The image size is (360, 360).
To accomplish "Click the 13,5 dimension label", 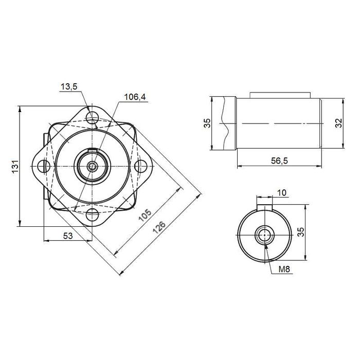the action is [69, 87].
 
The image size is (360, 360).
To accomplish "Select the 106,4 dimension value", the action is [135, 97].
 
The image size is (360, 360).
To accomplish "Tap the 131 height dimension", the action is [15, 167].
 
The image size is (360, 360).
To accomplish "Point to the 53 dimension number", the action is [68, 236].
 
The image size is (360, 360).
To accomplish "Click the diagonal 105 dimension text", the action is [145, 215].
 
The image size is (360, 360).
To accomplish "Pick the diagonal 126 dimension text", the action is [159, 227].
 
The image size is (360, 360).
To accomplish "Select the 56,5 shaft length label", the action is [279, 160].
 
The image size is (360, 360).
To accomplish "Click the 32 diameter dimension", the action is [338, 123].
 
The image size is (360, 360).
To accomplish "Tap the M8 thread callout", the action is [284, 269].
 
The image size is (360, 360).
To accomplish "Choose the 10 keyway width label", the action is [282, 193].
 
